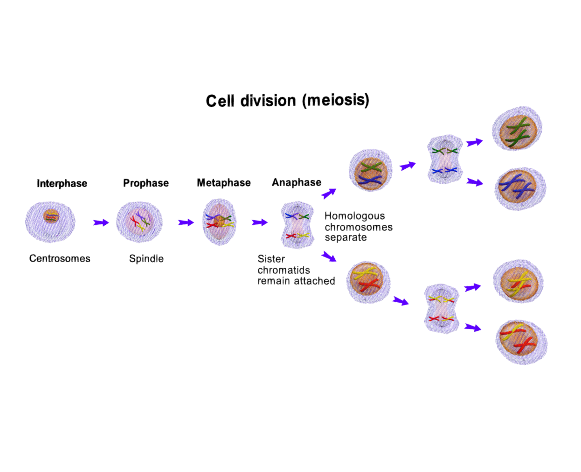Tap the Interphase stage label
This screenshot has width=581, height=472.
pos(62,183)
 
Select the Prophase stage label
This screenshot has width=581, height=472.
pos(146,183)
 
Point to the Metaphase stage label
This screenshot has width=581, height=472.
pos(224,182)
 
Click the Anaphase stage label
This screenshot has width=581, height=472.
pos(297,182)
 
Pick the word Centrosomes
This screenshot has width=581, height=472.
pos(60,258)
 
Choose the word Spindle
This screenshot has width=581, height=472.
pos(146,258)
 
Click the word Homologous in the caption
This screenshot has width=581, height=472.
pos(355,216)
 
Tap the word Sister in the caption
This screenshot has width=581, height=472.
pos(271,259)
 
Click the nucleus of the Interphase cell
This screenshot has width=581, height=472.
pos(51,216)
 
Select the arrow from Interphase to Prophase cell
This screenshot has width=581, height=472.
pos(101,222)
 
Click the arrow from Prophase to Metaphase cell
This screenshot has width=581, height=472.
pos(186,222)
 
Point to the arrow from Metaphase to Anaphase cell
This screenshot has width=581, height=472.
pos(259,222)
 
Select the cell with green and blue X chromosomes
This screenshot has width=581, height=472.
pos(371,171)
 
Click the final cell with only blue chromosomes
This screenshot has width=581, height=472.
pos(519,188)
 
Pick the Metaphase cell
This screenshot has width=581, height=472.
pos(220,222)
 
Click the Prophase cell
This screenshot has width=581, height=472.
pos(139,222)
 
